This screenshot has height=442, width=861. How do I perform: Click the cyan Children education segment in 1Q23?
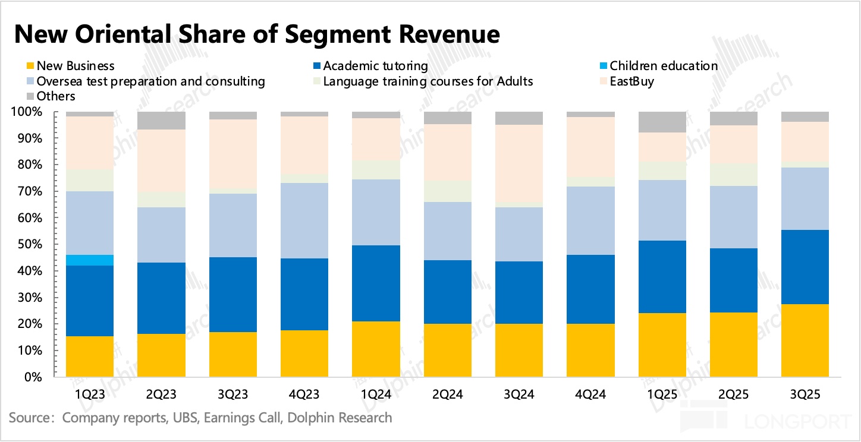90,260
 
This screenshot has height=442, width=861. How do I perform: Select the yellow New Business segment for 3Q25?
805,340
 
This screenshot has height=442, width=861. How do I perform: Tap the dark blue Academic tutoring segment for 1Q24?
376,283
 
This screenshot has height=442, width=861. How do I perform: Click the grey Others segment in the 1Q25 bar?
662,122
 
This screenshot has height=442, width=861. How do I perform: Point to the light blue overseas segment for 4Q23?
304,220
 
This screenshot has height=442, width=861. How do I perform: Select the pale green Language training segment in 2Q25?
733,175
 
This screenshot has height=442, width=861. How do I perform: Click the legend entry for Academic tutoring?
375,66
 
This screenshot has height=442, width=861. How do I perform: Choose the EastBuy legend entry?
631,81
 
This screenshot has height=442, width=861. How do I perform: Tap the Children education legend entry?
663,66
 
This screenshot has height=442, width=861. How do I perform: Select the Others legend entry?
55,96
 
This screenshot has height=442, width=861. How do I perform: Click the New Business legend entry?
75,66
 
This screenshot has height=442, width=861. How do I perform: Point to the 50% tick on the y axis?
30,245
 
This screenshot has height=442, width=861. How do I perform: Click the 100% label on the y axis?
27,112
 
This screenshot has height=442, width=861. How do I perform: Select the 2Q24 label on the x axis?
447,394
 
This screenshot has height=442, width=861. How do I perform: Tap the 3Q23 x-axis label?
233,394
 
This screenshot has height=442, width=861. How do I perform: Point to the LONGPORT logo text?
797,422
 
